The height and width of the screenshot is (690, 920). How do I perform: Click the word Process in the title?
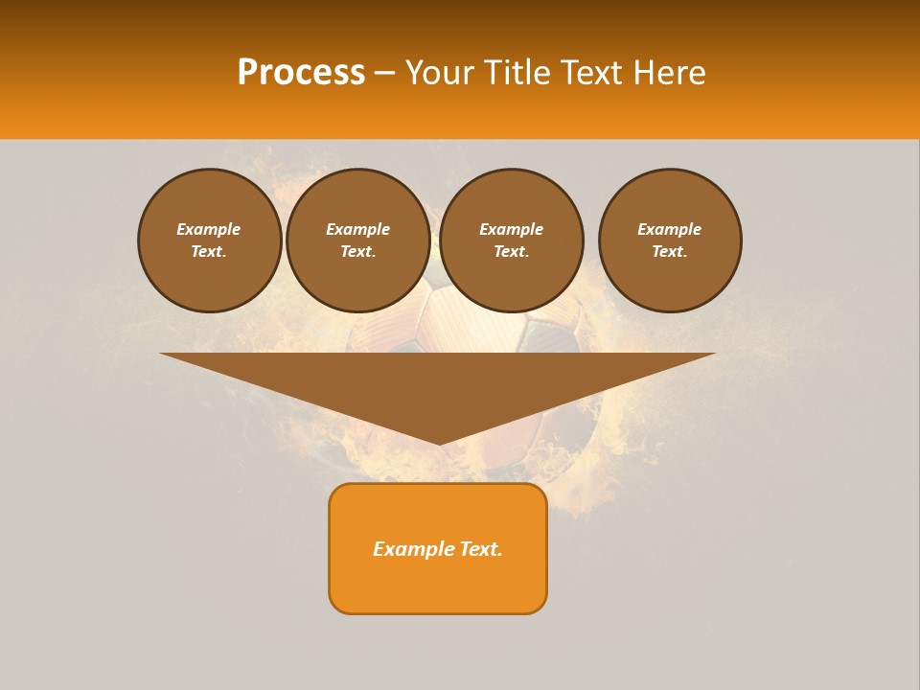[301, 72]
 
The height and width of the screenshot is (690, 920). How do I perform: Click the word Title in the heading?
[517, 72]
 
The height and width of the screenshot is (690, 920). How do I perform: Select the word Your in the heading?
[441, 72]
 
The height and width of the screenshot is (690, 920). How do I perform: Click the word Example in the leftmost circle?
[208, 229]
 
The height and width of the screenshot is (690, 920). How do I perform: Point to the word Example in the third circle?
[511, 229]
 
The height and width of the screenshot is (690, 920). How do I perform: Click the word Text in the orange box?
[480, 549]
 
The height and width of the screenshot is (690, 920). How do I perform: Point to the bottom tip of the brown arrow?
[439, 442]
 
